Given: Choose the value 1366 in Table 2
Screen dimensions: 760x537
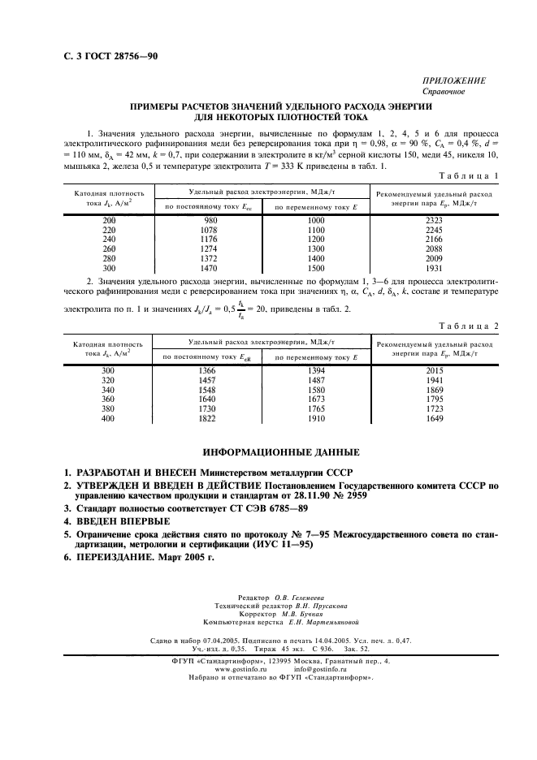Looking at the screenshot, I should point(211,369).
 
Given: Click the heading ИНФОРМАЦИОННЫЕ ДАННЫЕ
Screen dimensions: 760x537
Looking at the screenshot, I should point(268,451).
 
